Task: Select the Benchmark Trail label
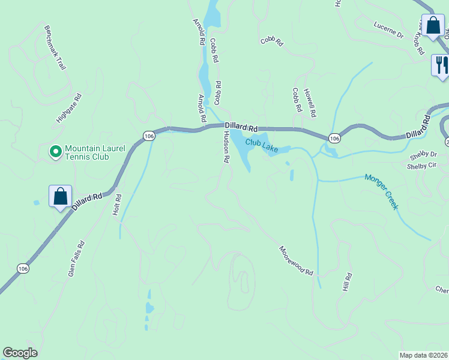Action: pos(55,47)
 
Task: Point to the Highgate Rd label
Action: pos(68,109)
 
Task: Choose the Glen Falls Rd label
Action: pos(76,259)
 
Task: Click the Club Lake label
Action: pos(261,146)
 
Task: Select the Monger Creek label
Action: pos(382,191)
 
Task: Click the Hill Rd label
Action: pos(346,282)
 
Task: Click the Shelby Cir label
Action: pos(421,166)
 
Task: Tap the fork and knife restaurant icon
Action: pos(441,64)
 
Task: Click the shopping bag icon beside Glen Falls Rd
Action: pos(60,196)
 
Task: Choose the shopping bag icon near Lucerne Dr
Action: pos(432,25)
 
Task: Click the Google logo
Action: pos(20,353)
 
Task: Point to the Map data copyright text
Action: pos(423,355)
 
